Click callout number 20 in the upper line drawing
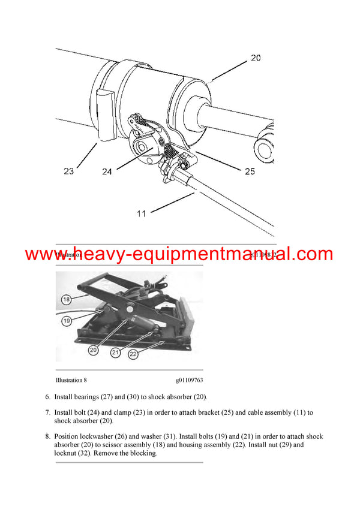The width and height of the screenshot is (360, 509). (x=256, y=58)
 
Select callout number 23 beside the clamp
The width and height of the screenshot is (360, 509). (x=68, y=171)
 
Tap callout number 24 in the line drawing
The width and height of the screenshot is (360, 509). (x=107, y=172)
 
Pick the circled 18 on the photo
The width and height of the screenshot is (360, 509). (x=66, y=299)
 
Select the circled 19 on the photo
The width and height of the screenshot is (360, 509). (x=66, y=321)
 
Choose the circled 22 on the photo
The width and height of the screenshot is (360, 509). (x=133, y=354)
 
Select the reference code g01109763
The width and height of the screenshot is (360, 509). (x=189, y=380)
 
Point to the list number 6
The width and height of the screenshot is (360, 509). (x=47, y=397)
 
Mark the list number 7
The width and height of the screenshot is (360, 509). (x=47, y=413)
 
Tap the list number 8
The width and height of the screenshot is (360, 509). (x=47, y=436)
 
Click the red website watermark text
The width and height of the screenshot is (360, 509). (x=179, y=254)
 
